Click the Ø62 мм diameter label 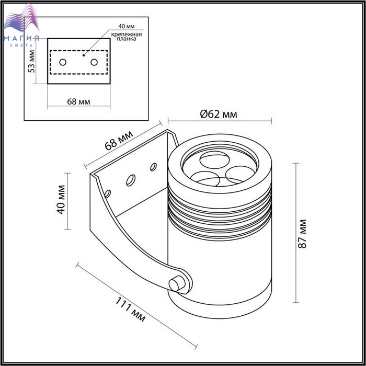[219, 115]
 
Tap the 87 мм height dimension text [303, 234]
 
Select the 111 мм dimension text [130, 310]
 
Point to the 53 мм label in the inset [31, 62]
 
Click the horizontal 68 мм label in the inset [78, 102]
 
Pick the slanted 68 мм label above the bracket [119, 141]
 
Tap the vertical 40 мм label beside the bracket [61, 200]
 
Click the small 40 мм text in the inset [127, 26]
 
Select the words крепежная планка [127, 37]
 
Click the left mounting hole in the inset [63, 62]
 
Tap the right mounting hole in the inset [94, 62]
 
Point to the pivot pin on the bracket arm [177, 284]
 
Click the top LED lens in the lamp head [214, 159]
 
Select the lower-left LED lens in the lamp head [205, 179]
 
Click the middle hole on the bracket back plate [131, 180]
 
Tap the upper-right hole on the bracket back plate [153, 167]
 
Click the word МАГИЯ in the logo [21, 39]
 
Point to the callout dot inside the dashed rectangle [84, 55]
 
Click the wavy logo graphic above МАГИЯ [21, 18]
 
